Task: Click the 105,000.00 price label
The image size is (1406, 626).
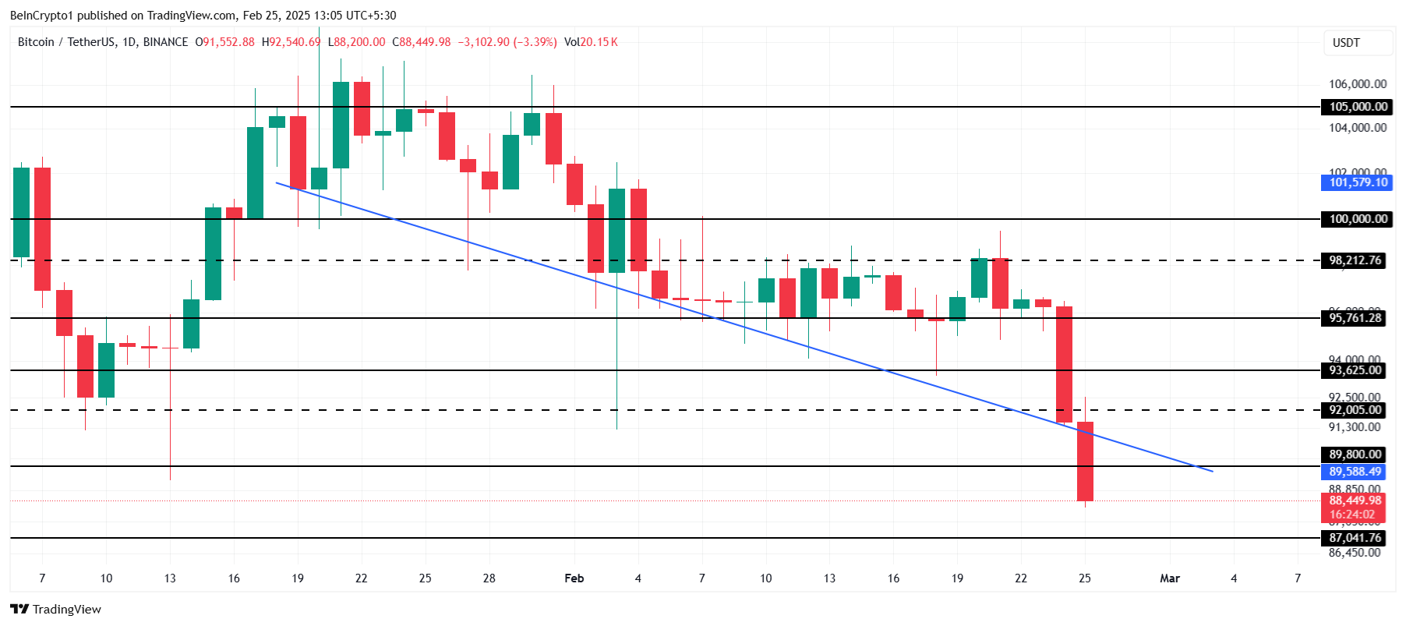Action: [1358, 107]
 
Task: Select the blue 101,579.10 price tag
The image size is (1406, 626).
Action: [1358, 182]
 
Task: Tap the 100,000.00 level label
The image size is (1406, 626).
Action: [1358, 219]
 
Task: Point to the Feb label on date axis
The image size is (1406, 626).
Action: [574, 578]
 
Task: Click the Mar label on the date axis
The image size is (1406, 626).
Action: [1169, 578]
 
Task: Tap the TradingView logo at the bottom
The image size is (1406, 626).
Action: [56, 609]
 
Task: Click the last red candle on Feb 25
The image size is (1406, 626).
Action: [1085, 462]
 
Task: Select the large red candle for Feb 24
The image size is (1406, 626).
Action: [1064, 364]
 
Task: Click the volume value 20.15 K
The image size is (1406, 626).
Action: [599, 42]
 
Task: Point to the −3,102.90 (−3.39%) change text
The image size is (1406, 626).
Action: [507, 42]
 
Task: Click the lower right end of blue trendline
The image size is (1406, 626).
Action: [1211, 471]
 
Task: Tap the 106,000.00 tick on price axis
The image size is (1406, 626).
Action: [1357, 84]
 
